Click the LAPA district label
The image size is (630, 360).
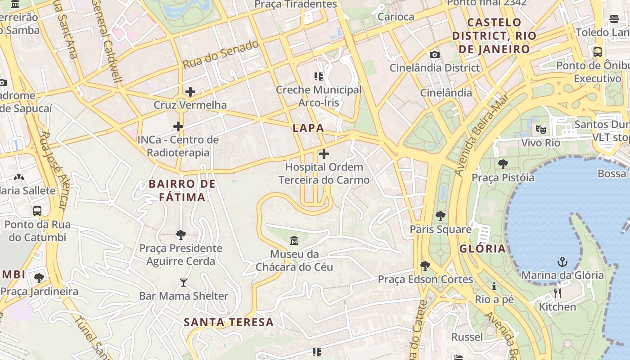308,128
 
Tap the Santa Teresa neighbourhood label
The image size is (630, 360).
229,322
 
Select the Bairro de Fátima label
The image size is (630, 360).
182,190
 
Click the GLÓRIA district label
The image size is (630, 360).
483,249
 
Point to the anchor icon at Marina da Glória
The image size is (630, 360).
562,262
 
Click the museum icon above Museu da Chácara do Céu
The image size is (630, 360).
294,241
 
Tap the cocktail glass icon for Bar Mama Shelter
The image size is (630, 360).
183,283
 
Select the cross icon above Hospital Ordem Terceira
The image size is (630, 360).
324,154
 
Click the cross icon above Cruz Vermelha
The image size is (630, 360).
190,92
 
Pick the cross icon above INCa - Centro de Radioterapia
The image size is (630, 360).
178,126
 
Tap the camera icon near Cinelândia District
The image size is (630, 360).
434,55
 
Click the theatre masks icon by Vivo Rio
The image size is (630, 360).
540,130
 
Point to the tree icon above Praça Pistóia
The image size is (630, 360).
503,164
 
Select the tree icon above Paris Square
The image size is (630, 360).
440,216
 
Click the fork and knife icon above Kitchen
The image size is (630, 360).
558,293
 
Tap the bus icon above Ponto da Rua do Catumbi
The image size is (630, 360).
37,211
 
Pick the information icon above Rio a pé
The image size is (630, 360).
494,286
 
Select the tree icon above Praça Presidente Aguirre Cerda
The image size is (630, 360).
181,234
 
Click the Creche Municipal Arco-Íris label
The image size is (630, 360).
319,96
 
